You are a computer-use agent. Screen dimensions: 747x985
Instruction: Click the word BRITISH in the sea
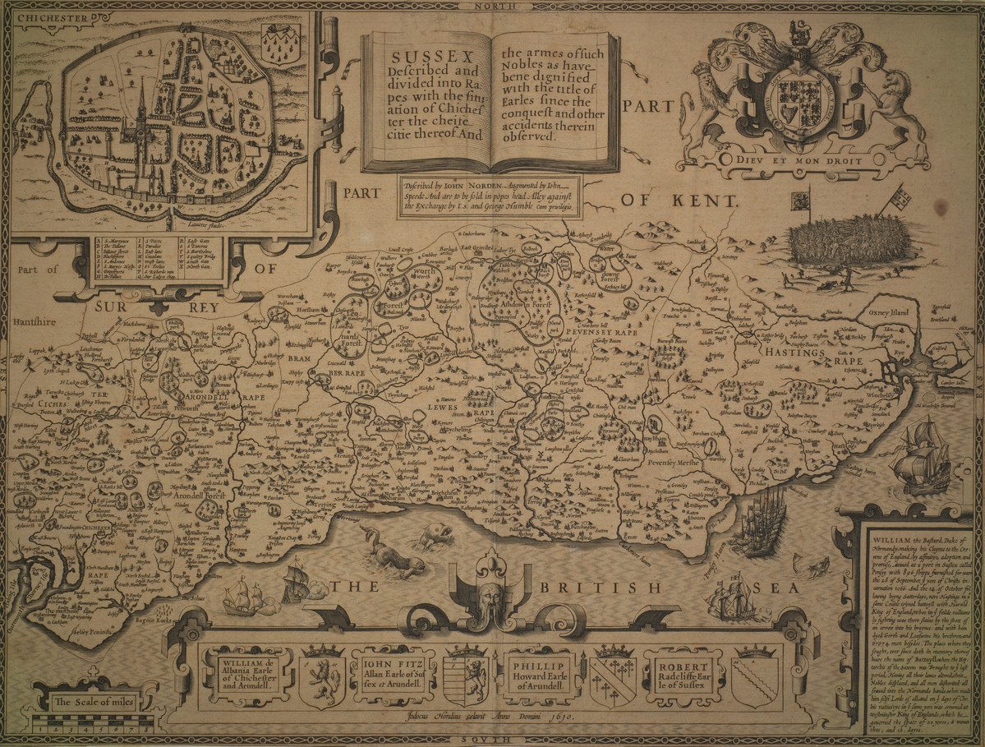point(601,588)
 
